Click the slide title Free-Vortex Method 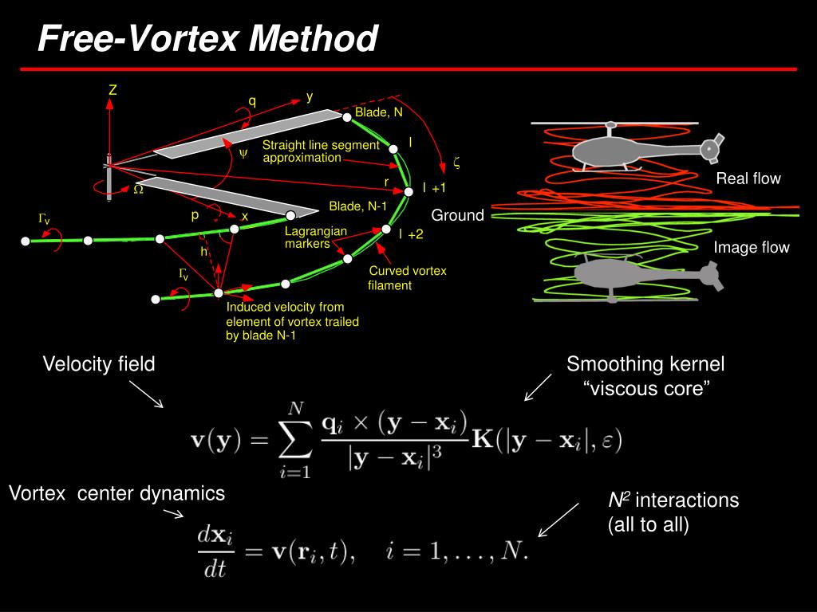pyautogui.click(x=208, y=38)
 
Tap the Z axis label pyautogui.click(x=112, y=91)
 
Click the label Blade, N pyautogui.click(x=379, y=112)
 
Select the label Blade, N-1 pyautogui.click(x=358, y=206)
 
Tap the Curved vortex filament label pyautogui.click(x=408, y=278)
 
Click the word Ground pyautogui.click(x=458, y=215)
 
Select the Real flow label pyautogui.click(x=748, y=178)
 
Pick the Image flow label pyautogui.click(x=751, y=248)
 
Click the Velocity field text pyautogui.click(x=99, y=364)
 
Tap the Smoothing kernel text pyautogui.click(x=645, y=364)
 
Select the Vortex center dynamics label pyautogui.click(x=117, y=493)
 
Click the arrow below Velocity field pyautogui.click(x=146, y=394)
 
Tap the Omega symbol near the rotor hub pyautogui.click(x=138, y=190)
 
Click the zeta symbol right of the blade pyautogui.click(x=456, y=163)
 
